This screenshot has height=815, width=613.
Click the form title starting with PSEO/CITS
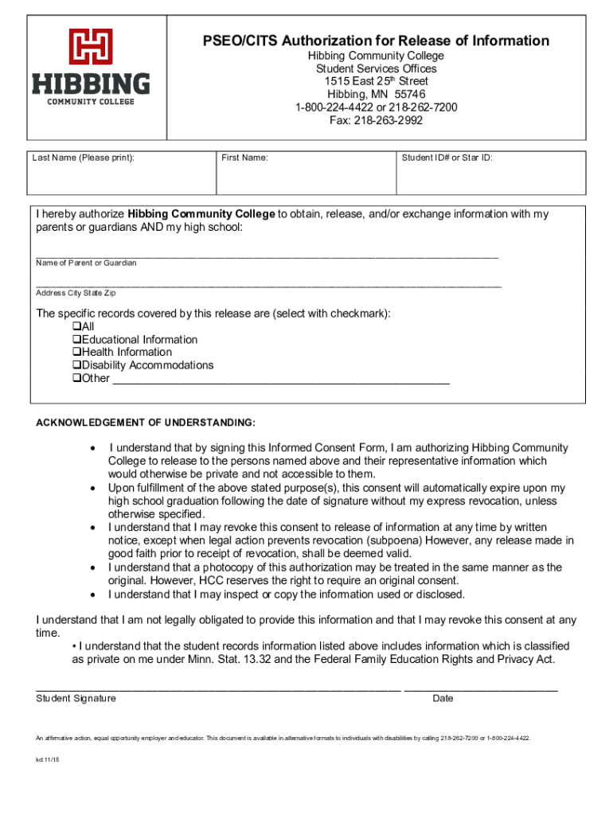click(x=375, y=41)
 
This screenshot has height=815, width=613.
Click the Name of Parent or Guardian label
click(x=86, y=263)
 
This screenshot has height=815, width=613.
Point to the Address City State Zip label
click(x=76, y=292)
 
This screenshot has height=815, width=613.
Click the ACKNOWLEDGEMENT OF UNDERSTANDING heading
click(x=146, y=422)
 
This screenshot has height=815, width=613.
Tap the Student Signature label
click(x=76, y=698)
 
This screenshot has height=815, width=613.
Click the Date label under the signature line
click(x=443, y=698)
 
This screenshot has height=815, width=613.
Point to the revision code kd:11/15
click(x=47, y=760)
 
